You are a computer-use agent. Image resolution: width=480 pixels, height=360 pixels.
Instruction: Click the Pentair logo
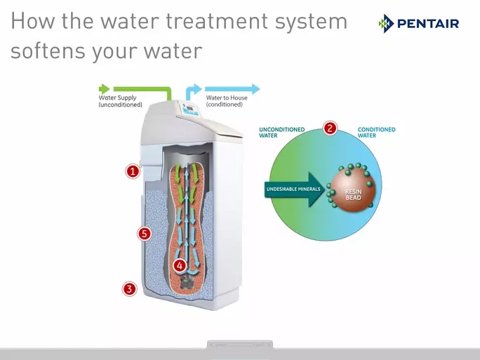tap(419, 24)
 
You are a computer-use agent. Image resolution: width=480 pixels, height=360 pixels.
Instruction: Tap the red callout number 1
tap(133, 171)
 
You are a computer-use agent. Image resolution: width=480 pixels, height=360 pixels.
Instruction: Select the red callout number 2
tap(330, 128)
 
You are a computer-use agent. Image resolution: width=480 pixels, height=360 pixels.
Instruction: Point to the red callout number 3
tap(129, 288)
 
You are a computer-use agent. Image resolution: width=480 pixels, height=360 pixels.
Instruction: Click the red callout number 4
tap(180, 265)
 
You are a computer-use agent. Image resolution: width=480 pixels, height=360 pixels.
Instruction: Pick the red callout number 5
tap(145, 234)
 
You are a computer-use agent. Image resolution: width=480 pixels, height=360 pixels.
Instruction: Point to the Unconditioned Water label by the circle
tap(281, 132)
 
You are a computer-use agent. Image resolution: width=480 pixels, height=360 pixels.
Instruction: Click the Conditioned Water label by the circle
tap(376, 132)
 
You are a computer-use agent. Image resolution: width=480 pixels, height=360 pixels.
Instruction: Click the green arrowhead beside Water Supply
tap(105, 89)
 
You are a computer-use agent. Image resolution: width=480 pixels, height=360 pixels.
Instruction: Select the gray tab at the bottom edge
tap(239, 345)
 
